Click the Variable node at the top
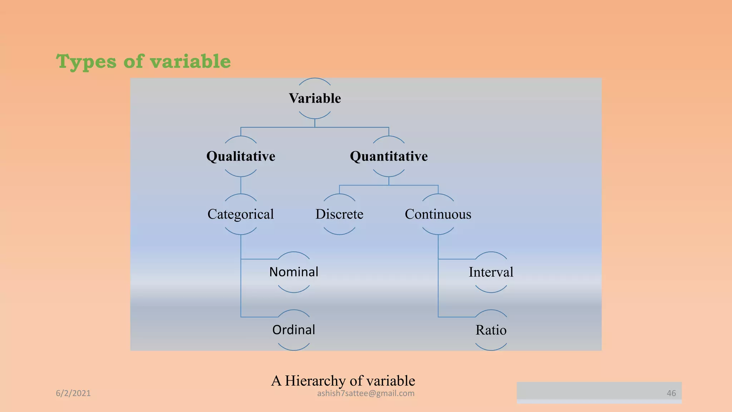coord(315,98)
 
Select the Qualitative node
coord(241,156)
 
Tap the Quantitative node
coord(389,156)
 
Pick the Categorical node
coord(241,214)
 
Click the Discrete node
coord(339,214)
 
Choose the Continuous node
coord(438,214)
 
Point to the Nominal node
coord(293,272)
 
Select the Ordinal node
coord(293,330)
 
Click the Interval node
coord(491,272)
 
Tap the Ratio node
coord(491,330)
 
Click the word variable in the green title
coord(190,62)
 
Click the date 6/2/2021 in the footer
coord(73,393)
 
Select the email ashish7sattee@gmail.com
coord(366,393)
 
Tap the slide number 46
coord(671,393)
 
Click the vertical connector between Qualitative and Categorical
coord(241,185)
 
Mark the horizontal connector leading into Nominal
coord(259,259)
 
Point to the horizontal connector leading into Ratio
coord(456,317)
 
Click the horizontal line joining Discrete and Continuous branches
coord(389,185)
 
